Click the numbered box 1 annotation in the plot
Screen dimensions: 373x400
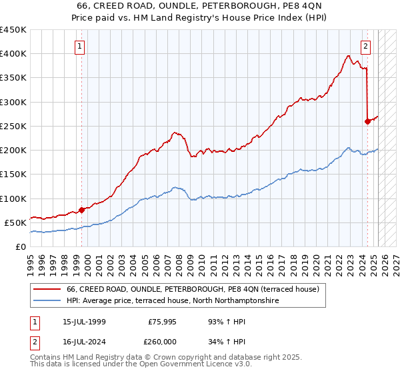click(79, 47)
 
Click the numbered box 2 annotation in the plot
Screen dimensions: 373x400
click(366, 47)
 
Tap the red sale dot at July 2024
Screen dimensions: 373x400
click(367, 121)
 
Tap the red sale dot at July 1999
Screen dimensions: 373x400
click(81, 210)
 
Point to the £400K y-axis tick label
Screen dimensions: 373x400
click(13, 54)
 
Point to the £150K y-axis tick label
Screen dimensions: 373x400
click(13, 175)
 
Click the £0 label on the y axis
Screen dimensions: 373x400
click(20, 246)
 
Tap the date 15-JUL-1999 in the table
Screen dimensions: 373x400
click(79, 322)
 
